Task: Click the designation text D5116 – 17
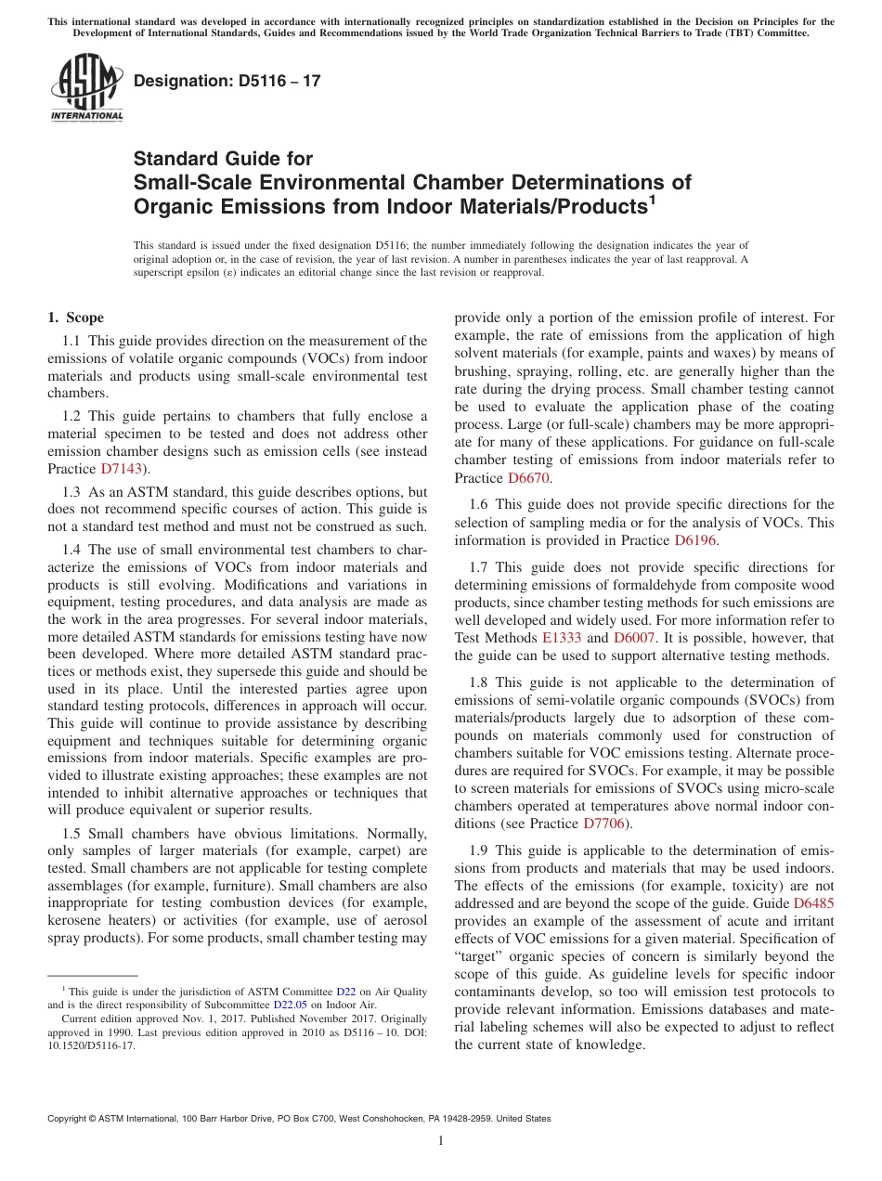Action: tap(227, 81)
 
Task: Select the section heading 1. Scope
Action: tap(75, 318)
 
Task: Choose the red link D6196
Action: tap(695, 539)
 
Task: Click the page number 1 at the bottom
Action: tap(441, 1141)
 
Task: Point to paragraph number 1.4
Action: tap(72, 550)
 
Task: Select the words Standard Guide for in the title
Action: tap(223, 159)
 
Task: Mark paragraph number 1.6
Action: tap(478, 504)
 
